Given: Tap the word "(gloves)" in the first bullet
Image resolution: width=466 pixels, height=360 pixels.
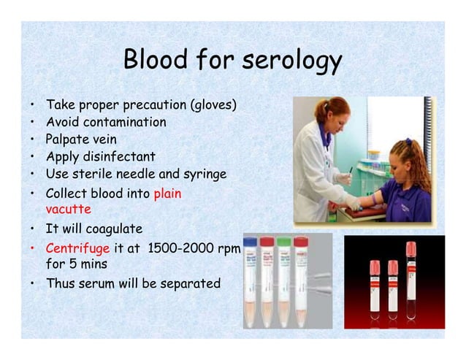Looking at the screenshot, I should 213,105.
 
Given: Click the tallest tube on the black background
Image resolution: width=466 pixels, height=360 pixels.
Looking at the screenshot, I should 410,285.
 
